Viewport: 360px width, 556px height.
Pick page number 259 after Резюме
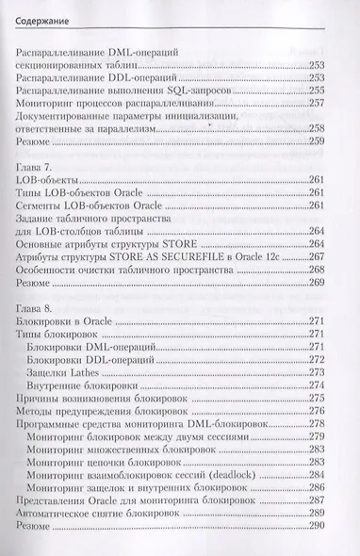pos(325,142)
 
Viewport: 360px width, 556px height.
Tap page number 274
pos(325,385)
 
